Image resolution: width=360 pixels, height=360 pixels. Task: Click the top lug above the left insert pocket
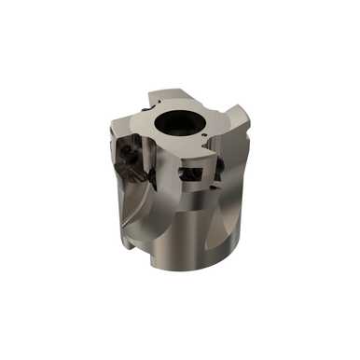click(x=140, y=121)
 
